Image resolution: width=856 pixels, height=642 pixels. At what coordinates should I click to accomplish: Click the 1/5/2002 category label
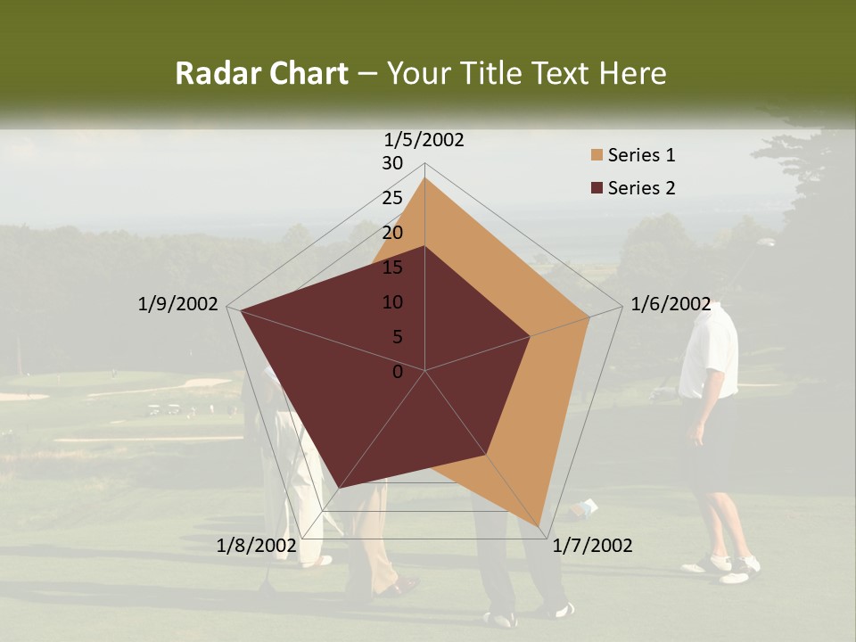[424, 139]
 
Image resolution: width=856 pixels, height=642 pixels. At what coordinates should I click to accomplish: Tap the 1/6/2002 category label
[671, 304]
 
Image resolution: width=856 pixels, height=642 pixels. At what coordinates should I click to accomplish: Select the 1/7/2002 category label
[592, 546]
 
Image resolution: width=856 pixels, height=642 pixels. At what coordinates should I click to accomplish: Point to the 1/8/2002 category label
[256, 546]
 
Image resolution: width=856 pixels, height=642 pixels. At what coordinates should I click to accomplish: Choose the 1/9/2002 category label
[177, 304]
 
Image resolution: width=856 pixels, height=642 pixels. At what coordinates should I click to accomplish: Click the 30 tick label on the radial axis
[392, 163]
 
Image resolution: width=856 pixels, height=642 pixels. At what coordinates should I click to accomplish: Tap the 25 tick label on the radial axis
[392, 198]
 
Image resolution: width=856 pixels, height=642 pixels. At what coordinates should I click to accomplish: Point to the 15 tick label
[392, 267]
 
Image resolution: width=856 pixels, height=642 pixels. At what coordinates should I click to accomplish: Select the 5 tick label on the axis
[398, 337]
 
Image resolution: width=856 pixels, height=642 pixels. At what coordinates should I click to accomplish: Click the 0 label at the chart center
[398, 372]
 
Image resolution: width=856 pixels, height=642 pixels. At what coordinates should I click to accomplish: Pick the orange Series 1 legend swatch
[597, 155]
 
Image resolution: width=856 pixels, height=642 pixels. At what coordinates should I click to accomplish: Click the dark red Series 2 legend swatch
[597, 188]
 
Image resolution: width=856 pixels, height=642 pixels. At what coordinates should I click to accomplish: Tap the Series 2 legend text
[641, 188]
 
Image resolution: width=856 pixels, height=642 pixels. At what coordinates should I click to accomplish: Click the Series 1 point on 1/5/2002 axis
[425, 177]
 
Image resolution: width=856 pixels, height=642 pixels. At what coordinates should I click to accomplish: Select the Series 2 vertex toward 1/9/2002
[241, 310]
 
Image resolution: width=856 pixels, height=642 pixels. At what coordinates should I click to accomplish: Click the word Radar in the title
[211, 73]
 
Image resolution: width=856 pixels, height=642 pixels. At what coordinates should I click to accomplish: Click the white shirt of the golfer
[709, 352]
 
